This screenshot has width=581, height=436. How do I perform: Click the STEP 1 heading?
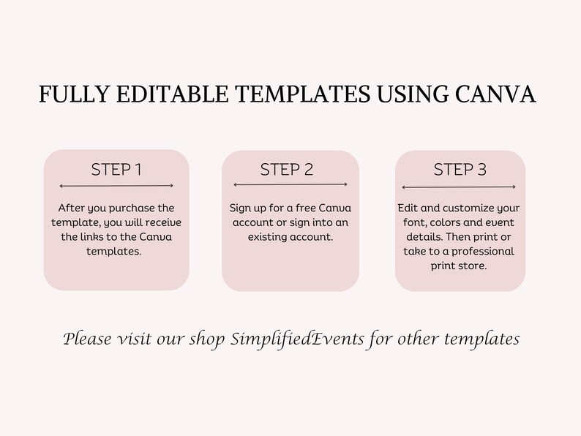116,170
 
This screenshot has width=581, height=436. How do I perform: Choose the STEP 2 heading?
287,170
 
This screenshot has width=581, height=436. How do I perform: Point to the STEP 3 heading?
460,170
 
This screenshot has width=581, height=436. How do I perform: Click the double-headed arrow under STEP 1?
116,187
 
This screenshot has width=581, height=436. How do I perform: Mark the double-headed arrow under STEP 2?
290,185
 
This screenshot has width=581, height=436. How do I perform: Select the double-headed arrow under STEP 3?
460,187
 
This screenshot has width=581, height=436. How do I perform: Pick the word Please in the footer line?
86,339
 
